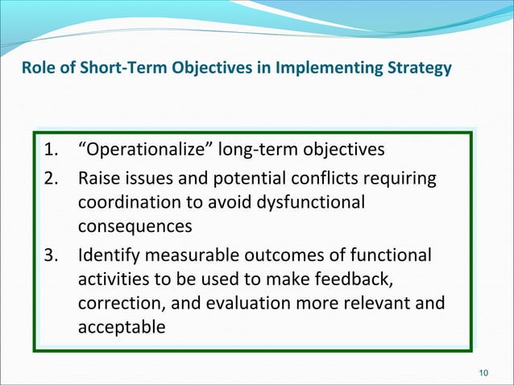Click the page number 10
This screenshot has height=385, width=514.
(x=483, y=373)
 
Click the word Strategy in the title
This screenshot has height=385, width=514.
(x=419, y=68)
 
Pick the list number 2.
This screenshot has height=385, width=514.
(x=51, y=178)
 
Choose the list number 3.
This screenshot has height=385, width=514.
(x=51, y=255)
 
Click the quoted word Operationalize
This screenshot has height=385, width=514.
(x=147, y=150)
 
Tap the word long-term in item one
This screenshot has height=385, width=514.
(x=257, y=150)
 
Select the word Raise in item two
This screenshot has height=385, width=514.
(x=99, y=178)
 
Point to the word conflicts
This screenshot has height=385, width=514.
(x=325, y=178)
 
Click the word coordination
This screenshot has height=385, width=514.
(x=130, y=202)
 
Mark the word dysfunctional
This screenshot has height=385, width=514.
(x=311, y=203)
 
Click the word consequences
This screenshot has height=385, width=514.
(x=135, y=227)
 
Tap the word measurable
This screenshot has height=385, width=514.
(x=192, y=255)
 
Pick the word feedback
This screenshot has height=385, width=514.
(x=354, y=279)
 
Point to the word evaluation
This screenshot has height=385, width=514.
(x=248, y=303)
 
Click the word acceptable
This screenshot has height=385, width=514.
(x=122, y=328)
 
